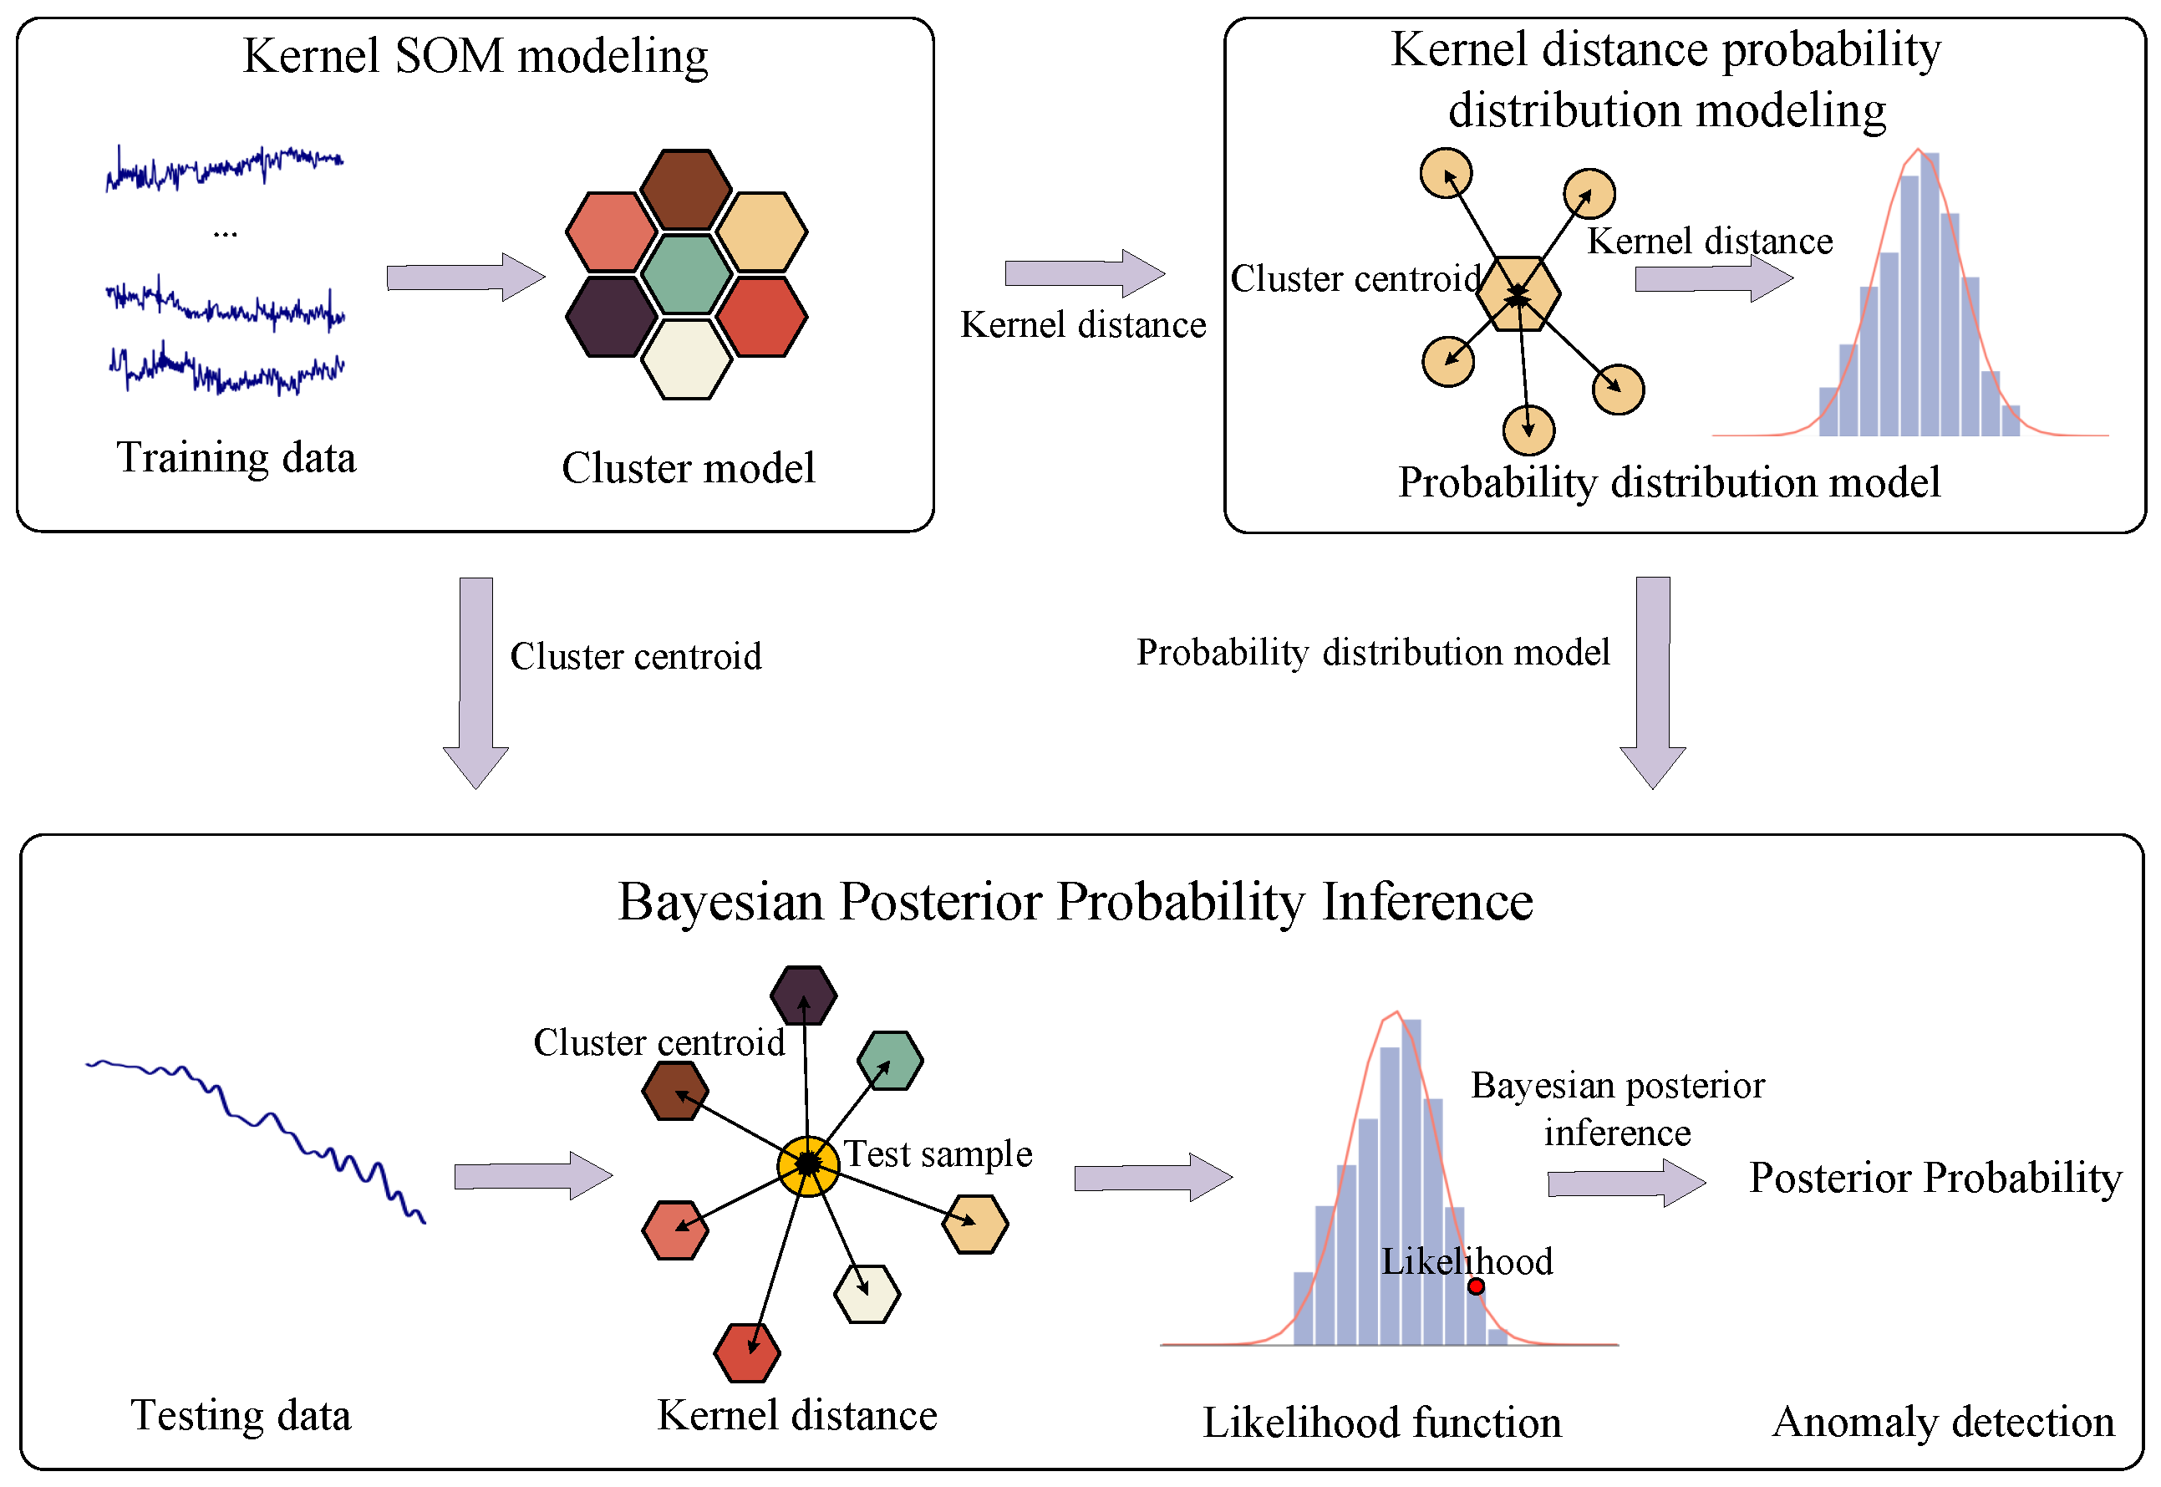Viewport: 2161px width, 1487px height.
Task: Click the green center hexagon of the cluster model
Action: [x=687, y=274]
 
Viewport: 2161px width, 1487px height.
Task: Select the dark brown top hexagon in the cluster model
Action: [x=687, y=189]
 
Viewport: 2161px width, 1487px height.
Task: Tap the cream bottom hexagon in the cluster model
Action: [x=687, y=359]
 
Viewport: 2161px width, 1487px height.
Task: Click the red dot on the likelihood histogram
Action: [x=1476, y=1286]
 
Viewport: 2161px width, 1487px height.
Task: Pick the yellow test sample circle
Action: [x=807, y=1164]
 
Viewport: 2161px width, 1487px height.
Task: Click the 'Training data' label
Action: [x=236, y=458]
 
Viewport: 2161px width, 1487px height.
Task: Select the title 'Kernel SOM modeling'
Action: [x=475, y=56]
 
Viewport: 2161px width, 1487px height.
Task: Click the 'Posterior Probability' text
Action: [x=1935, y=1178]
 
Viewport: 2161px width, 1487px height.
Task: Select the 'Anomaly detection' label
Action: [x=1942, y=1422]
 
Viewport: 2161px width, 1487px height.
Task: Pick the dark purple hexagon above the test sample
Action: [x=803, y=995]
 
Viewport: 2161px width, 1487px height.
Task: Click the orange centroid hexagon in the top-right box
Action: [x=1518, y=293]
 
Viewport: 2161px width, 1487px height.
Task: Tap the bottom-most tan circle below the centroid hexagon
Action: [x=1528, y=430]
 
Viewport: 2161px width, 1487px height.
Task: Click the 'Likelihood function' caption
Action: [x=1381, y=1423]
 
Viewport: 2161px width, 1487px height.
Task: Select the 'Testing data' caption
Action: [x=241, y=1415]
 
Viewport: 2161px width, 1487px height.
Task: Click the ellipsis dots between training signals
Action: [x=226, y=234]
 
